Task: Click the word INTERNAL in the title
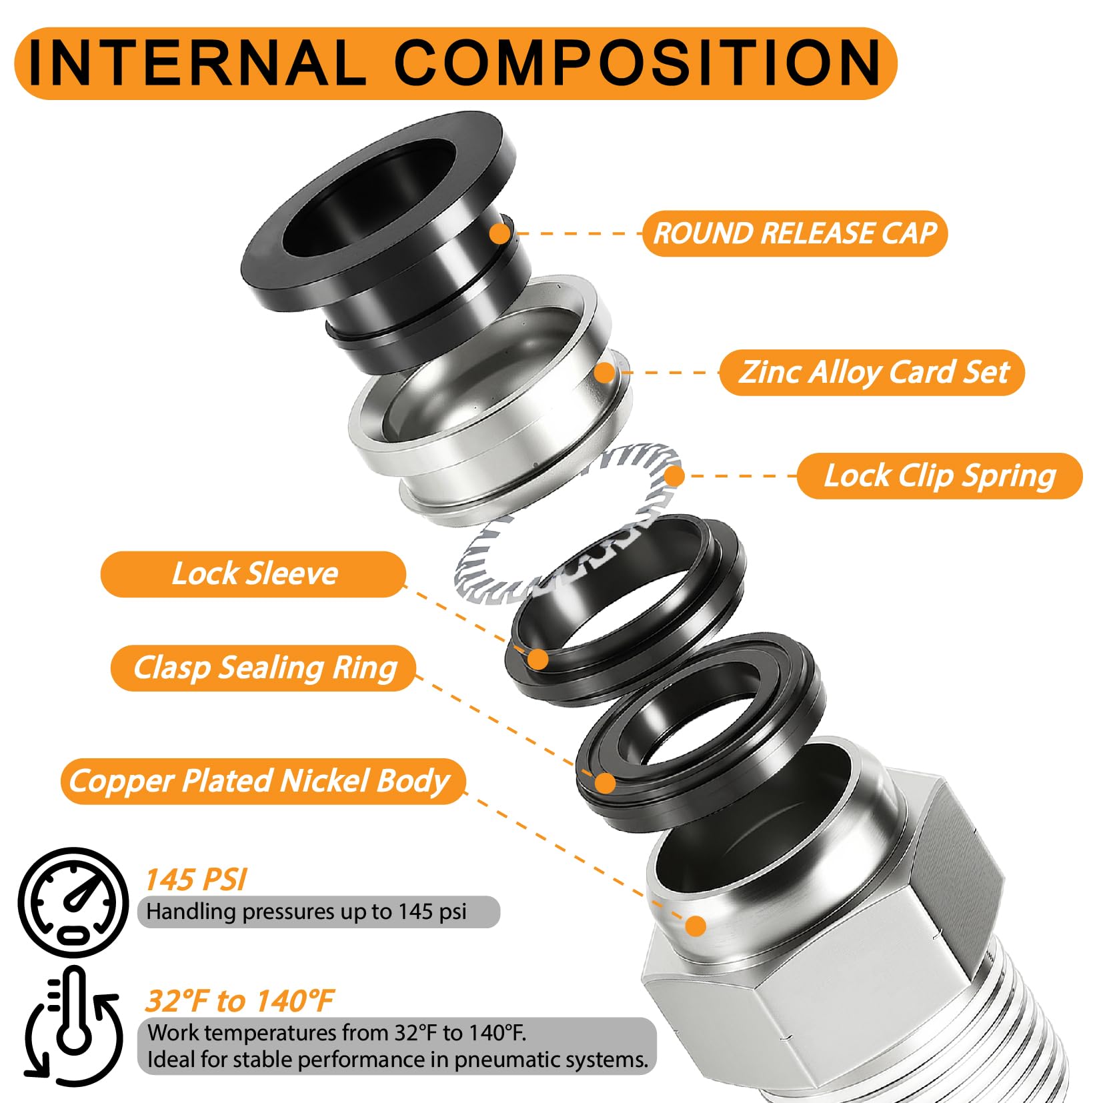197,63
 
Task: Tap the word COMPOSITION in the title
638,63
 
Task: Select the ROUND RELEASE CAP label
795,233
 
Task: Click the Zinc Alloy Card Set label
872,372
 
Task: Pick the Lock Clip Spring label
940,476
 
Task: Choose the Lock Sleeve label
253,574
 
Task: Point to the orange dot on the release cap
499,234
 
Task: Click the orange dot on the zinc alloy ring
605,373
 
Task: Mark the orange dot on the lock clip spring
674,476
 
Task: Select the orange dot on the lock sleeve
537,660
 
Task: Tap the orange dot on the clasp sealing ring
606,783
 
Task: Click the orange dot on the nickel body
696,926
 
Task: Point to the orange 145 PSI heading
196,880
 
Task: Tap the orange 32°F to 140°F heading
239,1001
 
